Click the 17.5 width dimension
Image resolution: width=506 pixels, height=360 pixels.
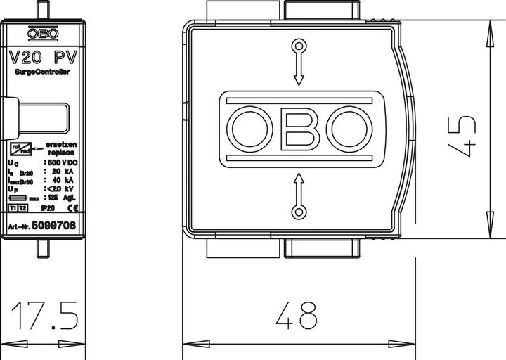coord(44,316)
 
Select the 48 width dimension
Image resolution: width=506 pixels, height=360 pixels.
coord(297,316)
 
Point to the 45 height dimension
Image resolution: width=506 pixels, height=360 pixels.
coord(465,131)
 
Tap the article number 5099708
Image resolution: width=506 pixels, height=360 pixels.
coord(58,226)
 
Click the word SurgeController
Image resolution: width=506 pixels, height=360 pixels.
coord(44,72)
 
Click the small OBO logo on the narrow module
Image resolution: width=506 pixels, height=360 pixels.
coord(44,33)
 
